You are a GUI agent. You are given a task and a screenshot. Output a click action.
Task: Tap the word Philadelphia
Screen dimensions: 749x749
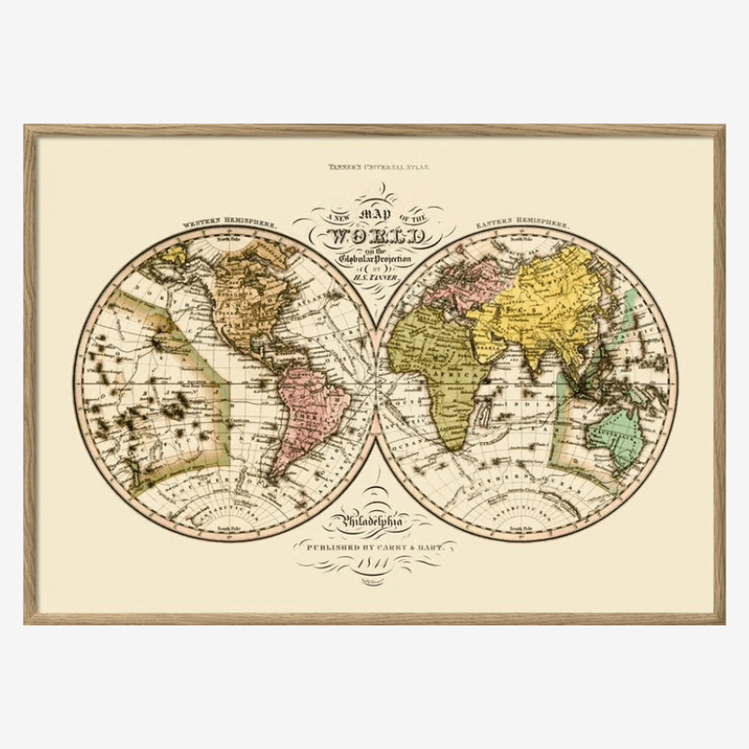[x=375, y=521]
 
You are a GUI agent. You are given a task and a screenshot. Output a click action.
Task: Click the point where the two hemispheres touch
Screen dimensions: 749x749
[x=376, y=385]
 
